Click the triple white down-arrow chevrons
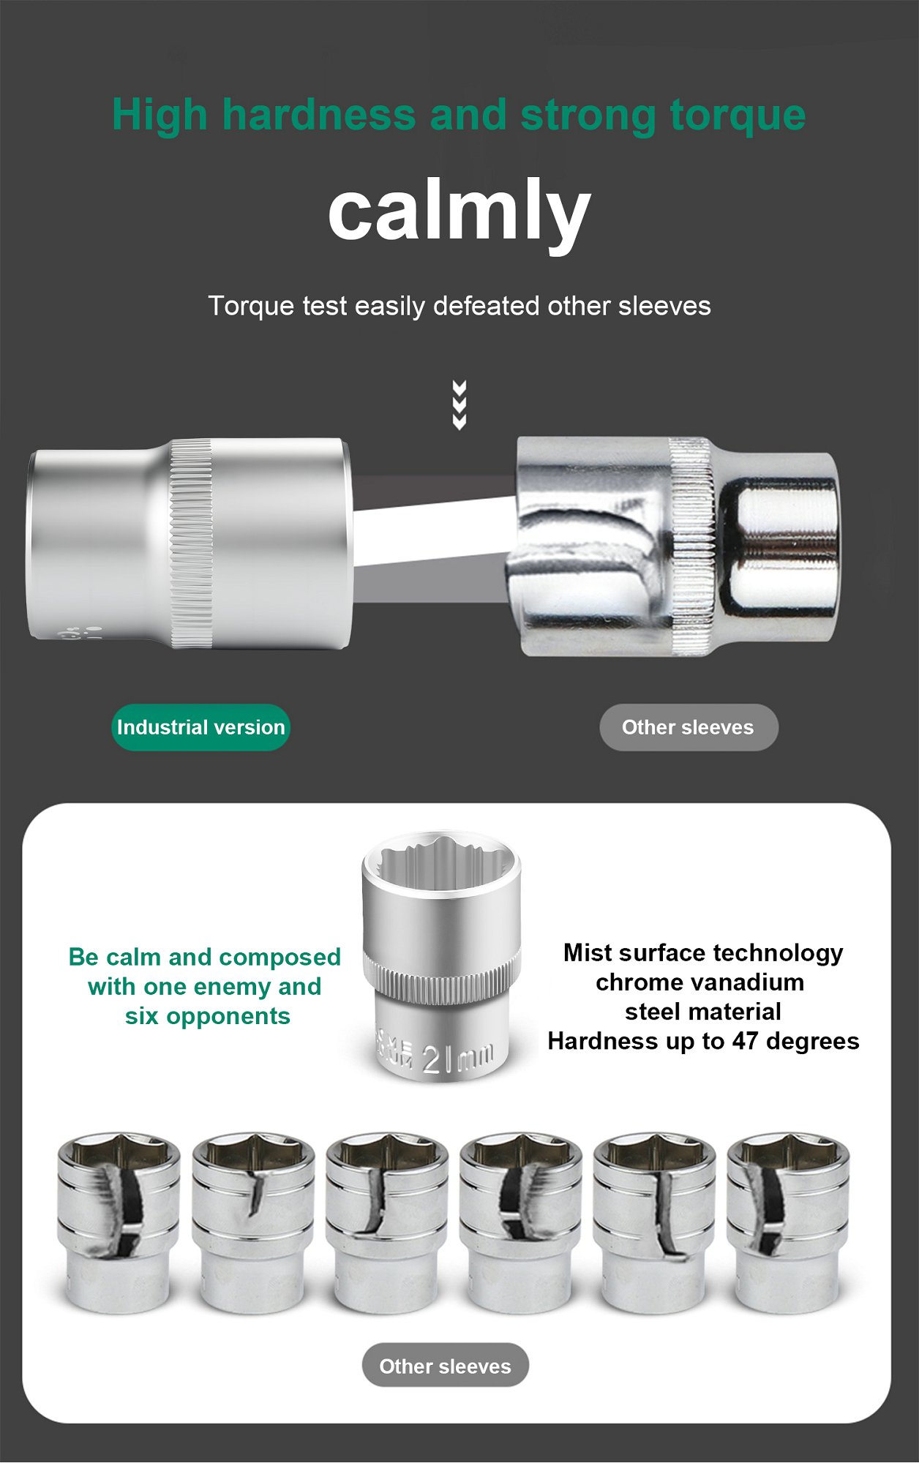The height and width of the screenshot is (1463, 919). (x=459, y=405)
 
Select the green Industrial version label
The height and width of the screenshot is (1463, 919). (x=200, y=727)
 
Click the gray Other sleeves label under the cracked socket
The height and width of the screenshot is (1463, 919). (x=688, y=727)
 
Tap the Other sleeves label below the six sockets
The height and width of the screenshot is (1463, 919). (x=445, y=1366)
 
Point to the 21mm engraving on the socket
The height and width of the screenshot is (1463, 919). (x=458, y=1058)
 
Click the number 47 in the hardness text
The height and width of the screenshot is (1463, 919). (x=746, y=1041)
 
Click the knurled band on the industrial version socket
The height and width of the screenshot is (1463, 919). (x=192, y=544)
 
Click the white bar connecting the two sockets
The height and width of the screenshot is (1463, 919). (x=435, y=532)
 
